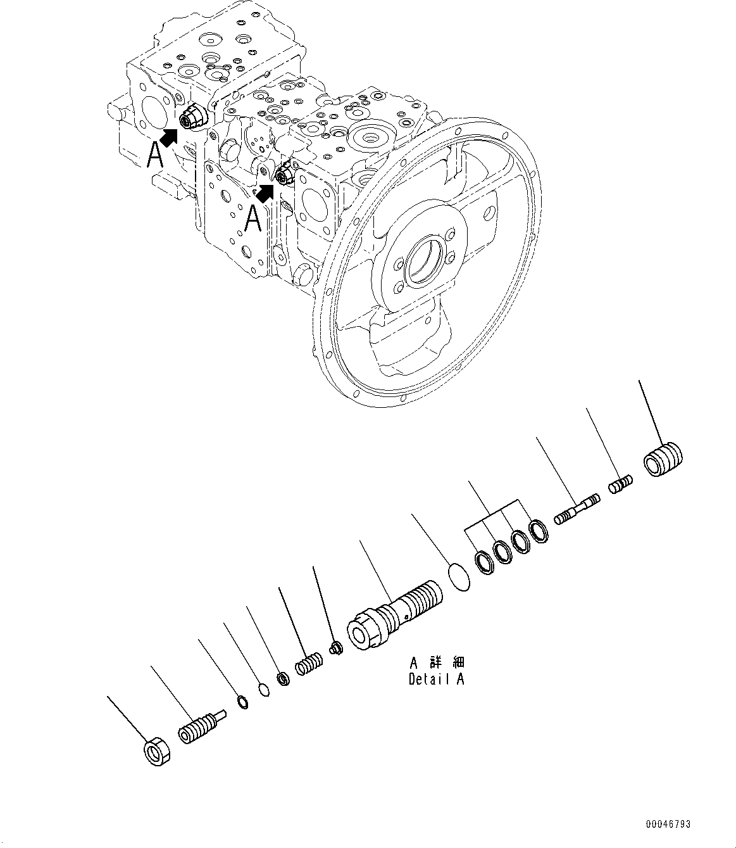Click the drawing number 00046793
(668, 824)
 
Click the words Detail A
(436, 680)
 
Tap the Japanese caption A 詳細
(436, 663)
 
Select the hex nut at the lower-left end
(154, 752)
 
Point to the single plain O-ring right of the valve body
(459, 578)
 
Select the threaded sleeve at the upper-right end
(663, 459)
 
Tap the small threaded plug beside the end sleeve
(620, 486)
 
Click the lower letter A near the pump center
(253, 219)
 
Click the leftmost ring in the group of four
(485, 563)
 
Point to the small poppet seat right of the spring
(337, 648)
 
